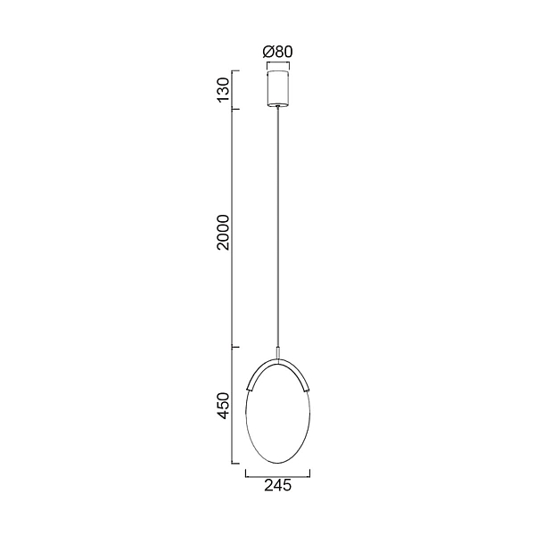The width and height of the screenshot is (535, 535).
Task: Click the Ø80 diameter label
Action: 277,52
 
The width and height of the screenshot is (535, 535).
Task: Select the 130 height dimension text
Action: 224,89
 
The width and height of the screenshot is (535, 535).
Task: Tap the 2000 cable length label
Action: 224,233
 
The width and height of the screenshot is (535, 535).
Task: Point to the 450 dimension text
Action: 224,406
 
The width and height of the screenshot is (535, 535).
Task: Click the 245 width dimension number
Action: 277,485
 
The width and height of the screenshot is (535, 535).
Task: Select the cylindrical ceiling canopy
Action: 278,88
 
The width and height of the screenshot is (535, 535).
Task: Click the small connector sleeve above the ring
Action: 278,352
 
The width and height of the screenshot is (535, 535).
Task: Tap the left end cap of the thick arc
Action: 249,389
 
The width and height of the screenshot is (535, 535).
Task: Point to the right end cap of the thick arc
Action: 307,389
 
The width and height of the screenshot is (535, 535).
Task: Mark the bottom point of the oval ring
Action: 277,463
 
